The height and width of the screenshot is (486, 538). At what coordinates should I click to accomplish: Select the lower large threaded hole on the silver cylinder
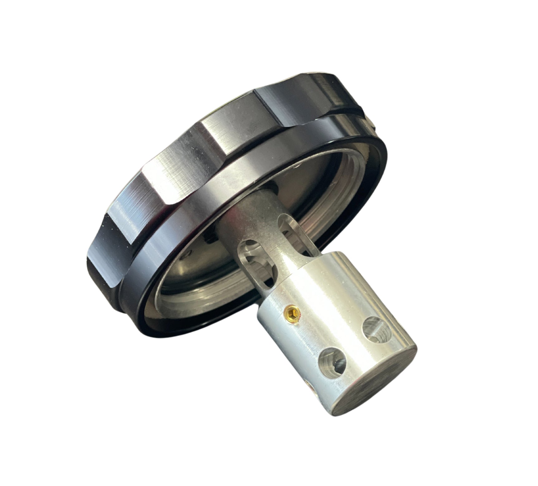pyautogui.click(x=333, y=361)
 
